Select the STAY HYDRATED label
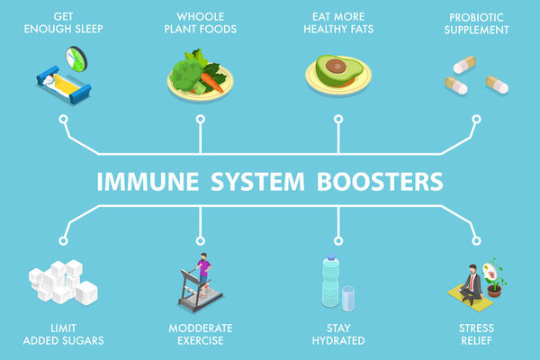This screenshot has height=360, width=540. tap(337, 334)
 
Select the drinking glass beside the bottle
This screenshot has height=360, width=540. tap(347, 299)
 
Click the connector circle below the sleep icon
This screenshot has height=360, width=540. tap(64, 118)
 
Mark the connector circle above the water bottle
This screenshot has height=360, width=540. tap(337, 239)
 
